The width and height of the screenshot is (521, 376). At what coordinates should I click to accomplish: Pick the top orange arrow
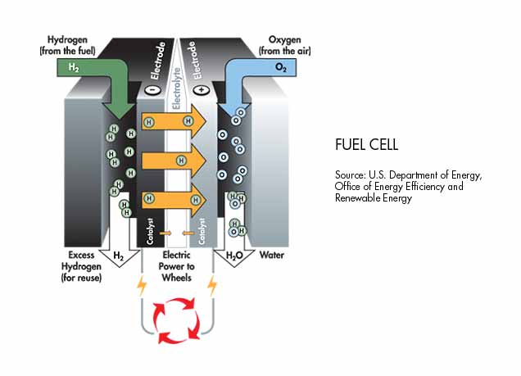click(x=174, y=122)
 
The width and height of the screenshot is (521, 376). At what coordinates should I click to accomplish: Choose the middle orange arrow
click(x=174, y=161)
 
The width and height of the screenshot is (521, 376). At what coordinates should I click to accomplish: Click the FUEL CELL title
click(x=366, y=145)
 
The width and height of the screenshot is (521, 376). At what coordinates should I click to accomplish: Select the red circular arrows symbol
click(x=177, y=320)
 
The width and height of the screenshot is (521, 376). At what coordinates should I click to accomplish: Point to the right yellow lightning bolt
click(x=214, y=287)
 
